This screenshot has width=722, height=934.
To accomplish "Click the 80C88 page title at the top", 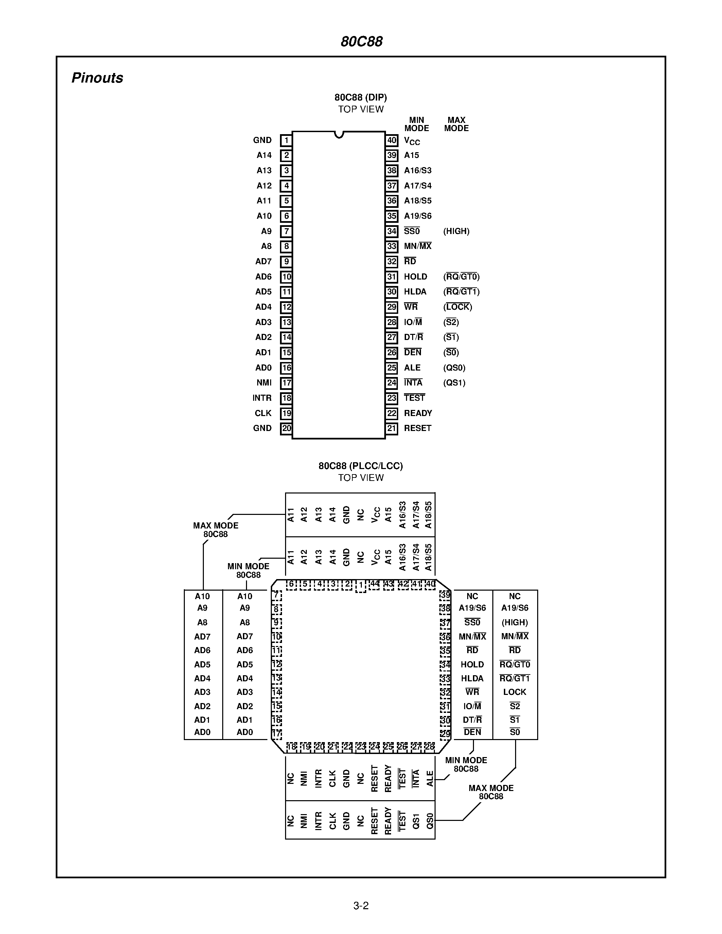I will point(362,41).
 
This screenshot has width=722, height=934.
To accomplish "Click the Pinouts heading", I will point(97,78).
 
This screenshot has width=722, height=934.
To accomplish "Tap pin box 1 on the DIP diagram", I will point(286,140).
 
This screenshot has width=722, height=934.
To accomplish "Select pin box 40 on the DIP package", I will point(392,140).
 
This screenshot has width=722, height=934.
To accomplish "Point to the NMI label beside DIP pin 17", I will point(264,383).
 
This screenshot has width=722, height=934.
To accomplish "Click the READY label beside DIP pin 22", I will point(418,413).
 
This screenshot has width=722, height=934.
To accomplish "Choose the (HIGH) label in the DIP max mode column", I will point(456,231).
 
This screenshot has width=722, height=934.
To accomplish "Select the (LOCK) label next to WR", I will point(457,307).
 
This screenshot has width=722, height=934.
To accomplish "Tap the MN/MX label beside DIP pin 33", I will point(418,246).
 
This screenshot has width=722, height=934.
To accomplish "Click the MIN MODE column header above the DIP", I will point(416,124).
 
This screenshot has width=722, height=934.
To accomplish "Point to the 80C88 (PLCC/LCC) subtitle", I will point(360,466).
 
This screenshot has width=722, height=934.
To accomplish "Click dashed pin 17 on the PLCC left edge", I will point(277,733).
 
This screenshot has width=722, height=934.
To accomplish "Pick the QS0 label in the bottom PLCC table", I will point(430,821).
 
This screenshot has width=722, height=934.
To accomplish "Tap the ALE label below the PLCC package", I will point(430,778).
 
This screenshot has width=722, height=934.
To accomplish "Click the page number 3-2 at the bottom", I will point(361,905).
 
